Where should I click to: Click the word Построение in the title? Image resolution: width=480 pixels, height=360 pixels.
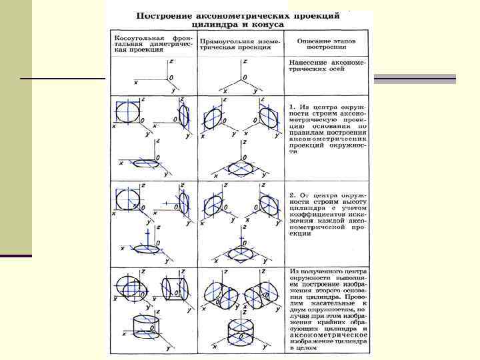(164, 15)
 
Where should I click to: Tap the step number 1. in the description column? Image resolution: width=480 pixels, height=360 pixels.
(293, 106)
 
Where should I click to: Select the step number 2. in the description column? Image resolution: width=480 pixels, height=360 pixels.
(293, 196)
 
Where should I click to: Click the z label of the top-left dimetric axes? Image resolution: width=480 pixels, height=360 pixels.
(172, 61)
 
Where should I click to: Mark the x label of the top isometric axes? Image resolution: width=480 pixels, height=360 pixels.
(225, 91)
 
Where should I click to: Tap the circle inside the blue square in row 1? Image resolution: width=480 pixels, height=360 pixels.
(129, 110)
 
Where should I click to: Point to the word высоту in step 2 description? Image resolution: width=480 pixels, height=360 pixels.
(353, 203)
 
